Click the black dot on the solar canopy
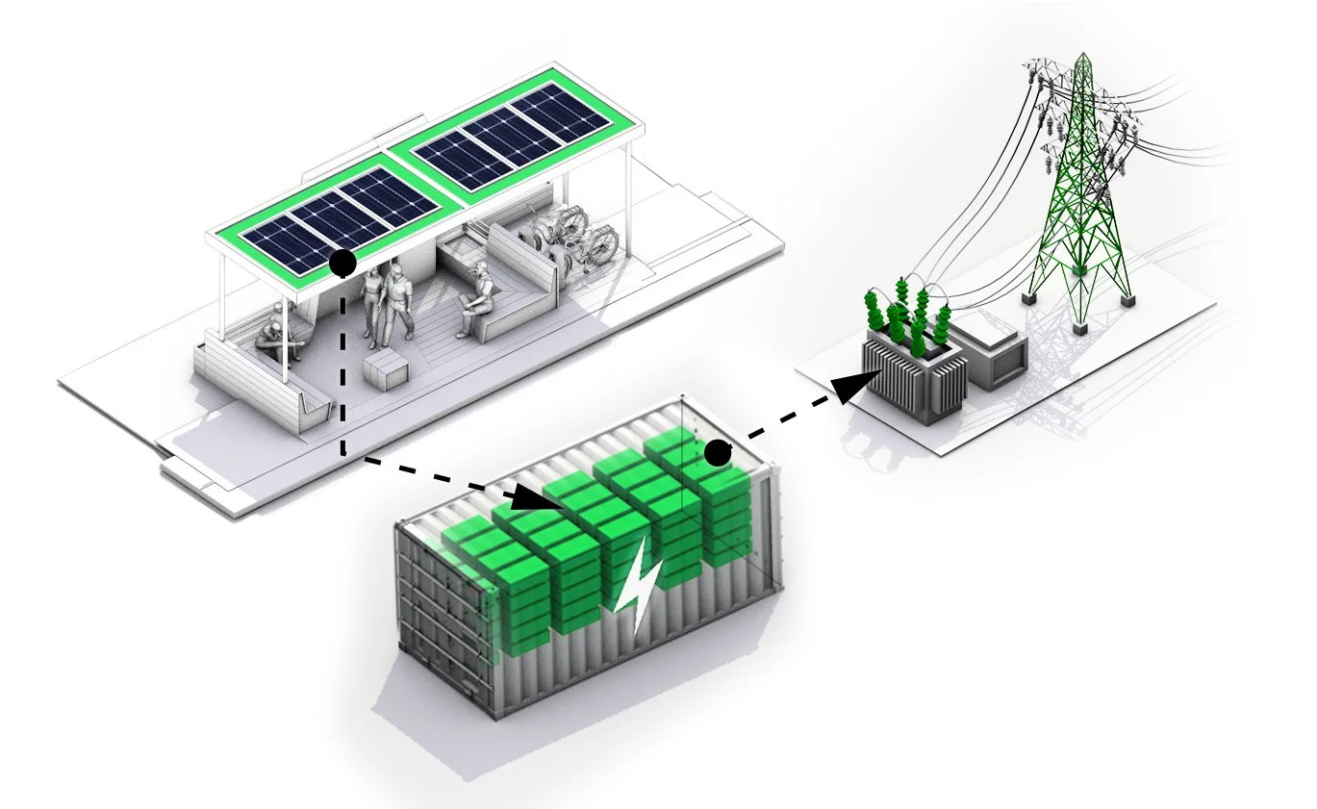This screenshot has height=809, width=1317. click(342, 262)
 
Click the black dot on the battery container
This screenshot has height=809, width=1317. click(716, 451)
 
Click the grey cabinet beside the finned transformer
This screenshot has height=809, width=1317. click(995, 356)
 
